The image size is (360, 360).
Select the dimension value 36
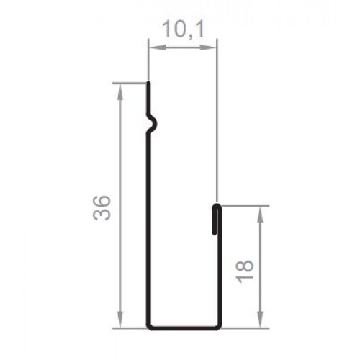tap(102, 207)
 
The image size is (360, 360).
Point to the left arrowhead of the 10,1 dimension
tap(152, 48)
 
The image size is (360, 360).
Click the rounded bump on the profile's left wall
tap(153, 125)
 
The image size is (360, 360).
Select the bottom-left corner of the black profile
tap(149, 326)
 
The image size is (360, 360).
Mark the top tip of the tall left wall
tap(148, 84)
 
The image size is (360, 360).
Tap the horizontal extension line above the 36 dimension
tap(130, 83)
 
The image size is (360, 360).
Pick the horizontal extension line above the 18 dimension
tap(245, 205)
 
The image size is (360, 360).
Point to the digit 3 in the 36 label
tap(102, 215)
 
